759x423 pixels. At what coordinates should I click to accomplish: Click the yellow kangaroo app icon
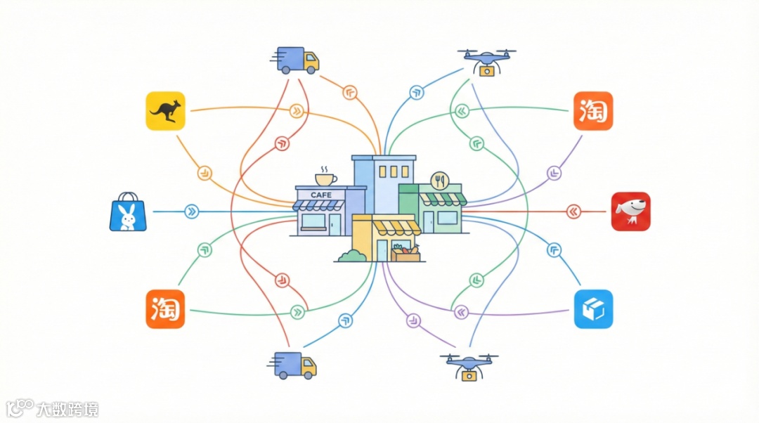click(x=165, y=110)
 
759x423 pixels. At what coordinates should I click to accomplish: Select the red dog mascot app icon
click(x=630, y=211)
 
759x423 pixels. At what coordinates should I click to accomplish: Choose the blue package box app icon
click(x=593, y=308)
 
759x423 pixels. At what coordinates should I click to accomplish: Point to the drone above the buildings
click(x=486, y=61)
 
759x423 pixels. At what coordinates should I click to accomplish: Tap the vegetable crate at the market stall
click(x=406, y=253)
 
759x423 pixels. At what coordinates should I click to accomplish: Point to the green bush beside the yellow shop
click(x=351, y=256)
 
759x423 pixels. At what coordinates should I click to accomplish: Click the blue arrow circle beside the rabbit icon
click(x=190, y=211)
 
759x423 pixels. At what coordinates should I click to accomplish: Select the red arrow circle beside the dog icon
click(x=574, y=211)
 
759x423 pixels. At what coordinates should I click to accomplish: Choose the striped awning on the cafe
click(x=319, y=205)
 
